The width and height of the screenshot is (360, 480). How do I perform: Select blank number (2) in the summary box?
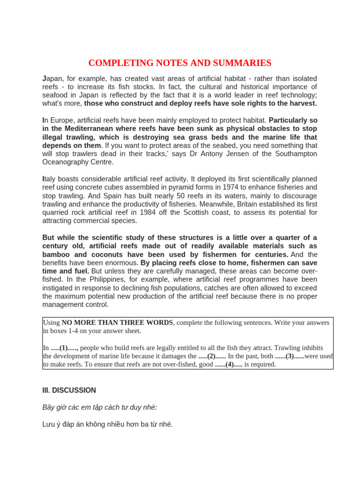212,356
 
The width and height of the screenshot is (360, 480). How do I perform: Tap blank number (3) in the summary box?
289,356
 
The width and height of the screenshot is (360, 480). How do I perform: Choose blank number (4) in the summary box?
229,364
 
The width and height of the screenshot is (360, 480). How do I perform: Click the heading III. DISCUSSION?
69,390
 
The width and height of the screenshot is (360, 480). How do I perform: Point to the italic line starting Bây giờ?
99,407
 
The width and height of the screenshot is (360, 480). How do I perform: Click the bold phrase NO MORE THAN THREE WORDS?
118,322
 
